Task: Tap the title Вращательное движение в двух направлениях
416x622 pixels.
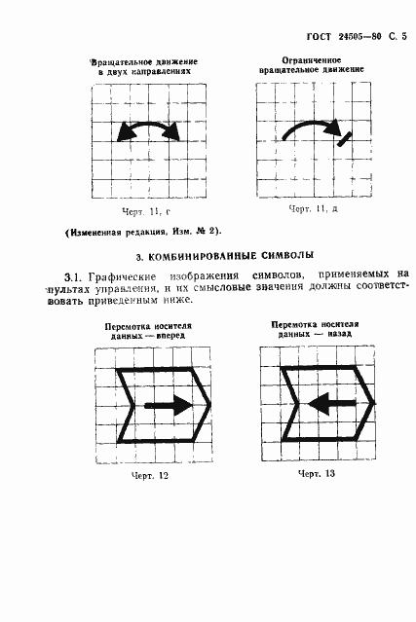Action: coord(147,66)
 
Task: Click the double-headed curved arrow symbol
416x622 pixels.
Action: coord(148,131)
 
